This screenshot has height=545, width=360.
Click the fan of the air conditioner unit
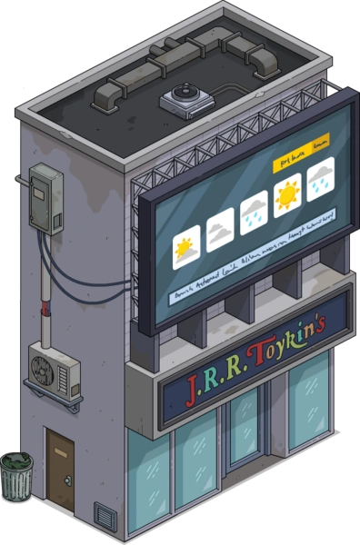tap(43, 368)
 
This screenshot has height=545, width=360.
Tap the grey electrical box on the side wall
tap(45, 197)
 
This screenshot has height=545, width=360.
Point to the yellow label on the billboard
tap(299, 142)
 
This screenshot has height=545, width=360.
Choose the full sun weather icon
tap(287, 193)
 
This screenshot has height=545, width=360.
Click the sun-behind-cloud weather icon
tap(186, 248)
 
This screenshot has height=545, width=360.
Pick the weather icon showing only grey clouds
tap(220, 231)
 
